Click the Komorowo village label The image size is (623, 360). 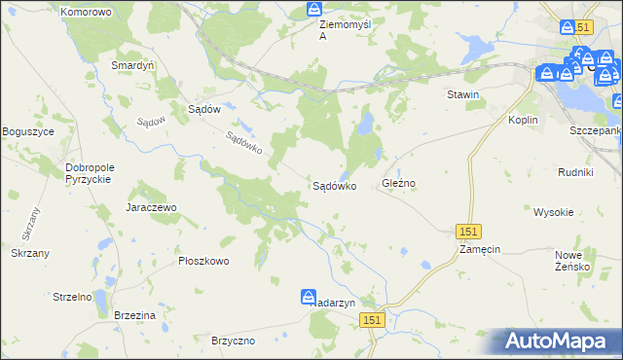86,13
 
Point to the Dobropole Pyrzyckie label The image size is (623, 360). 90,173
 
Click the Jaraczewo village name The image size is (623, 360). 150,208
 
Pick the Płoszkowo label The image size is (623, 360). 203,261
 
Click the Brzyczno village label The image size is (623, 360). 233,341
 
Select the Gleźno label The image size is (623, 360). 399,184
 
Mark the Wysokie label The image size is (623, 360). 553,211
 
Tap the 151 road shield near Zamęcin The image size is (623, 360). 468,231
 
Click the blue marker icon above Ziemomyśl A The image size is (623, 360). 313,10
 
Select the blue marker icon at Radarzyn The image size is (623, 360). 309,297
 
